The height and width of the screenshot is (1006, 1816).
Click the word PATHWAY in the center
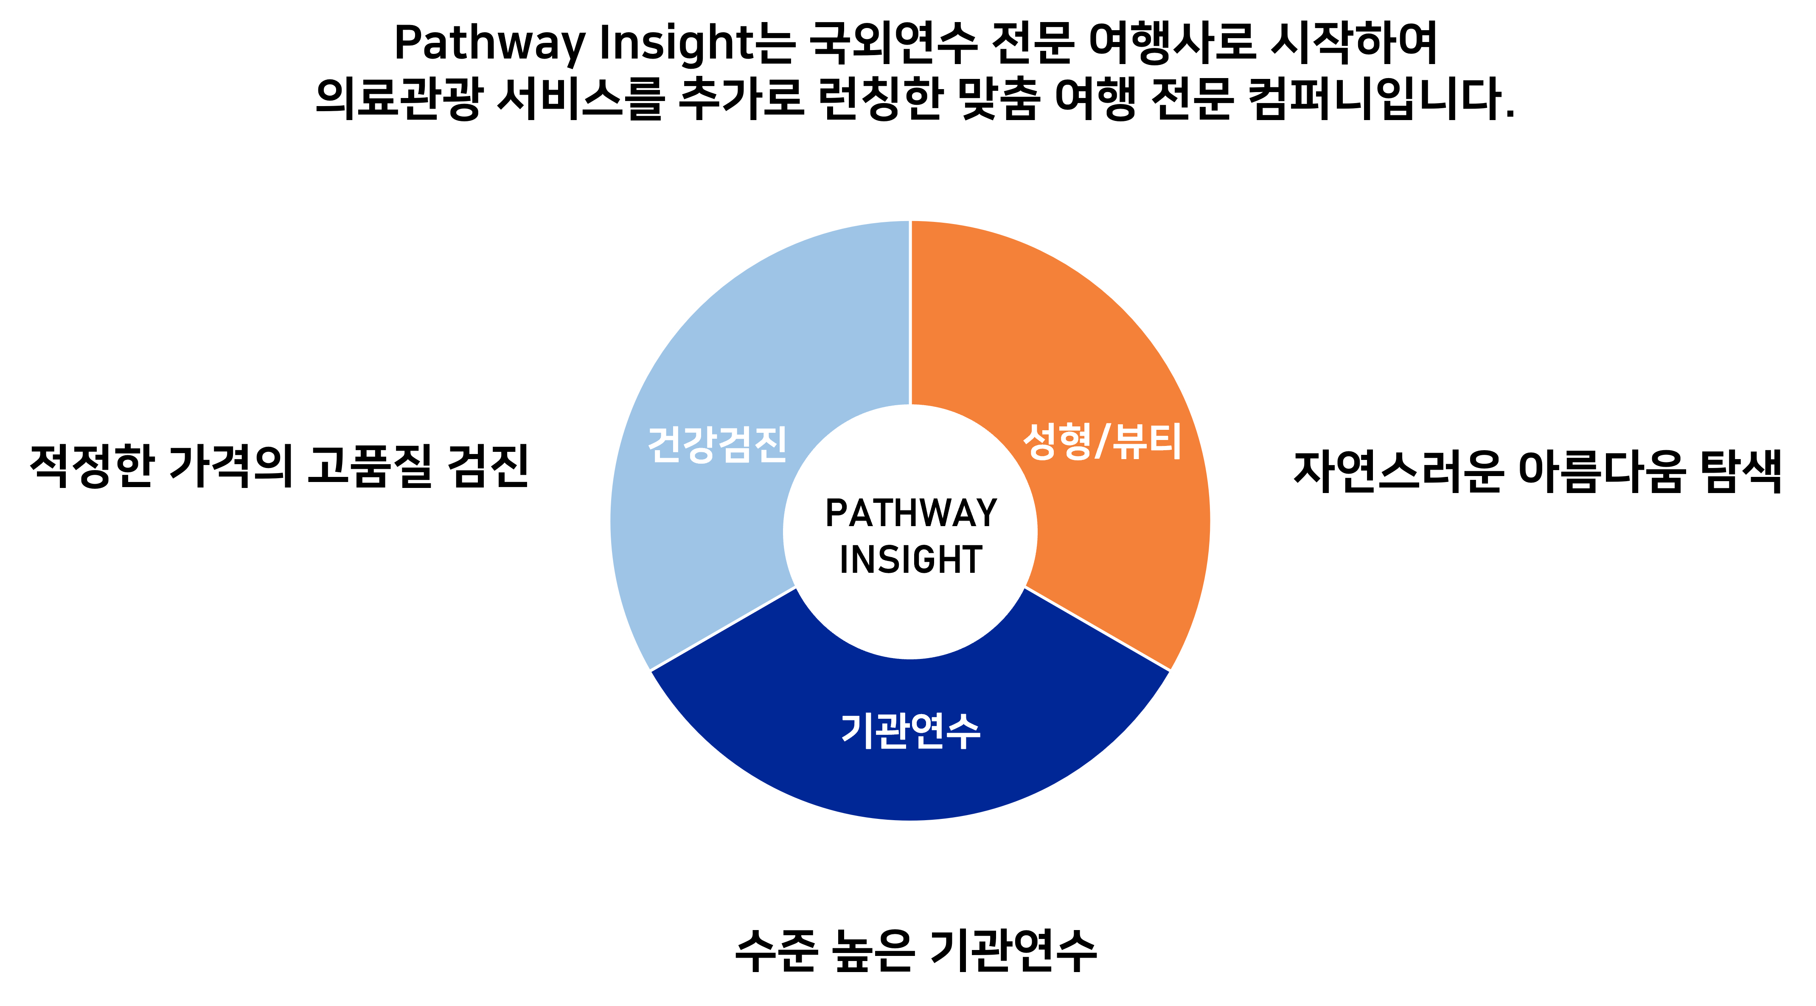point(911,513)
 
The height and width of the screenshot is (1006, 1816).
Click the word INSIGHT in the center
point(911,560)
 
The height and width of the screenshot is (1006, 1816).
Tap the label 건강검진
point(717,444)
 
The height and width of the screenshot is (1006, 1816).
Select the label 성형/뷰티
point(1102,442)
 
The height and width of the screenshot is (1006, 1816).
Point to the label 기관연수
point(911,730)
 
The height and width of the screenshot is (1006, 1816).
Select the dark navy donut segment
point(911,776)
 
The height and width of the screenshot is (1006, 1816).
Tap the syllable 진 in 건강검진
point(769,444)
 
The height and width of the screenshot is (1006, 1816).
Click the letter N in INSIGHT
point(865,560)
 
